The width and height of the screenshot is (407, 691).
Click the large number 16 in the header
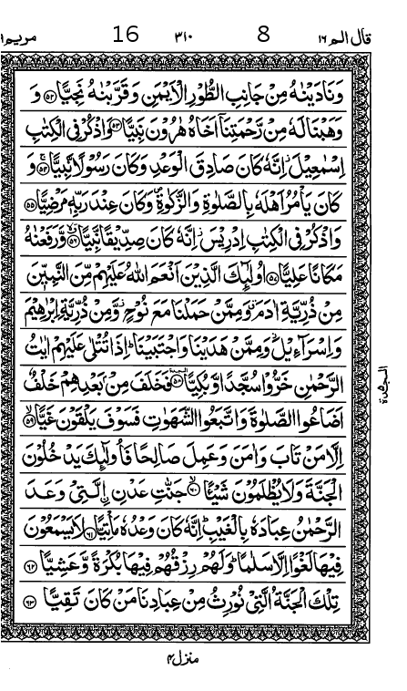click(126, 36)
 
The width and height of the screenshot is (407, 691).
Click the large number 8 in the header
click(264, 36)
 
